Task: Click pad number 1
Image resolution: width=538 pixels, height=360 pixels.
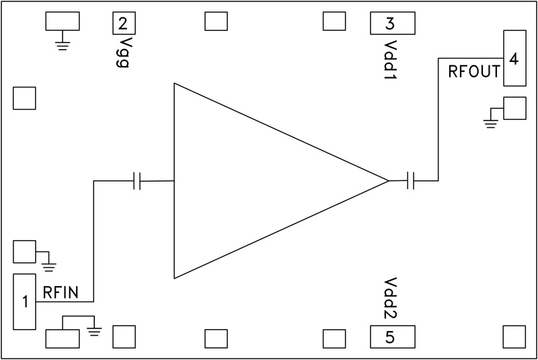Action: (25, 301)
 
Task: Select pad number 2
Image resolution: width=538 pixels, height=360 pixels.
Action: (123, 24)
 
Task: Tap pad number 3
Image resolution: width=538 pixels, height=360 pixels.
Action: (390, 24)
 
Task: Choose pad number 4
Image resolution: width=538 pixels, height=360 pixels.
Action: (514, 58)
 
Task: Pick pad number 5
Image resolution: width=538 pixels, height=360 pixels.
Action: (390, 336)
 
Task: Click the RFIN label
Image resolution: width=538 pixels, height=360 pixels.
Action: (61, 292)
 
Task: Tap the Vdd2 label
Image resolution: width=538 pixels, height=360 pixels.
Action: (390, 300)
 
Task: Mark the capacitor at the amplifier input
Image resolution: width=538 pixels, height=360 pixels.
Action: (137, 180)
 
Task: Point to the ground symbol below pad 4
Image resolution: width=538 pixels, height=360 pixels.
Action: (492, 120)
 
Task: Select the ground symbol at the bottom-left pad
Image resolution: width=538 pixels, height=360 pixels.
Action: (94, 330)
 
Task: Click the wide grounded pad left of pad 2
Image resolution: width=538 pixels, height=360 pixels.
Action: (63, 22)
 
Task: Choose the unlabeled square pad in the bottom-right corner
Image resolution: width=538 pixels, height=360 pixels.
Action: (514, 336)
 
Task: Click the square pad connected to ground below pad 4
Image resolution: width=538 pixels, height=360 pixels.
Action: (514, 108)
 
